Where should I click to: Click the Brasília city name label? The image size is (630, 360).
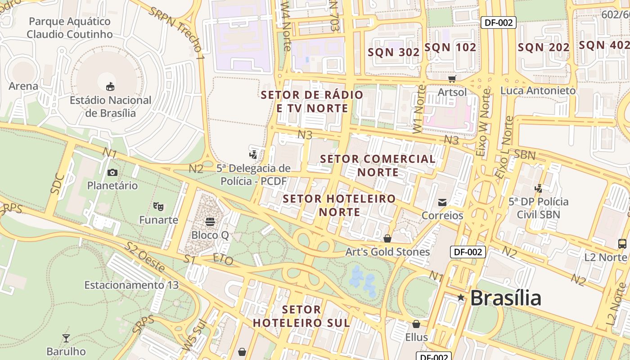[505, 298]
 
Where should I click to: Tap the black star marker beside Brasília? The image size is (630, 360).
[461, 297]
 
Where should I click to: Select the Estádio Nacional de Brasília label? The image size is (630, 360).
[110, 107]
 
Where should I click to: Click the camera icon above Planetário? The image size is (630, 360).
[112, 172]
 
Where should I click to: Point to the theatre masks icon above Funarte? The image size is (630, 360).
[158, 207]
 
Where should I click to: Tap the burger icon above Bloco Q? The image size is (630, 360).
[210, 221]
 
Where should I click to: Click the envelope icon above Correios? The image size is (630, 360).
[442, 202]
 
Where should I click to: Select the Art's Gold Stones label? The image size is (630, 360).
[387, 252]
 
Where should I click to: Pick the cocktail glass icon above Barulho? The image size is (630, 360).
[66, 338]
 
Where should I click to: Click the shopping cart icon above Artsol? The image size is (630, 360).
[452, 79]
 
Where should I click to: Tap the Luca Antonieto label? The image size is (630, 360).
[538, 90]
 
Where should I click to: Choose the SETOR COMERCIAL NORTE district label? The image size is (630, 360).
[378, 166]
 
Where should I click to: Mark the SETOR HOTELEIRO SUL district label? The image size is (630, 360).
[301, 316]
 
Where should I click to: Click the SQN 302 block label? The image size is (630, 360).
[394, 52]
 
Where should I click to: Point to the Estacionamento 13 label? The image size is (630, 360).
[131, 285]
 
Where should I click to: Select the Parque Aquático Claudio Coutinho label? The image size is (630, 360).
[69, 28]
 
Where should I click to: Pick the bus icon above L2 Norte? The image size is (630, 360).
[622, 244]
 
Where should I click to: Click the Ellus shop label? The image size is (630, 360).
[416, 337]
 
